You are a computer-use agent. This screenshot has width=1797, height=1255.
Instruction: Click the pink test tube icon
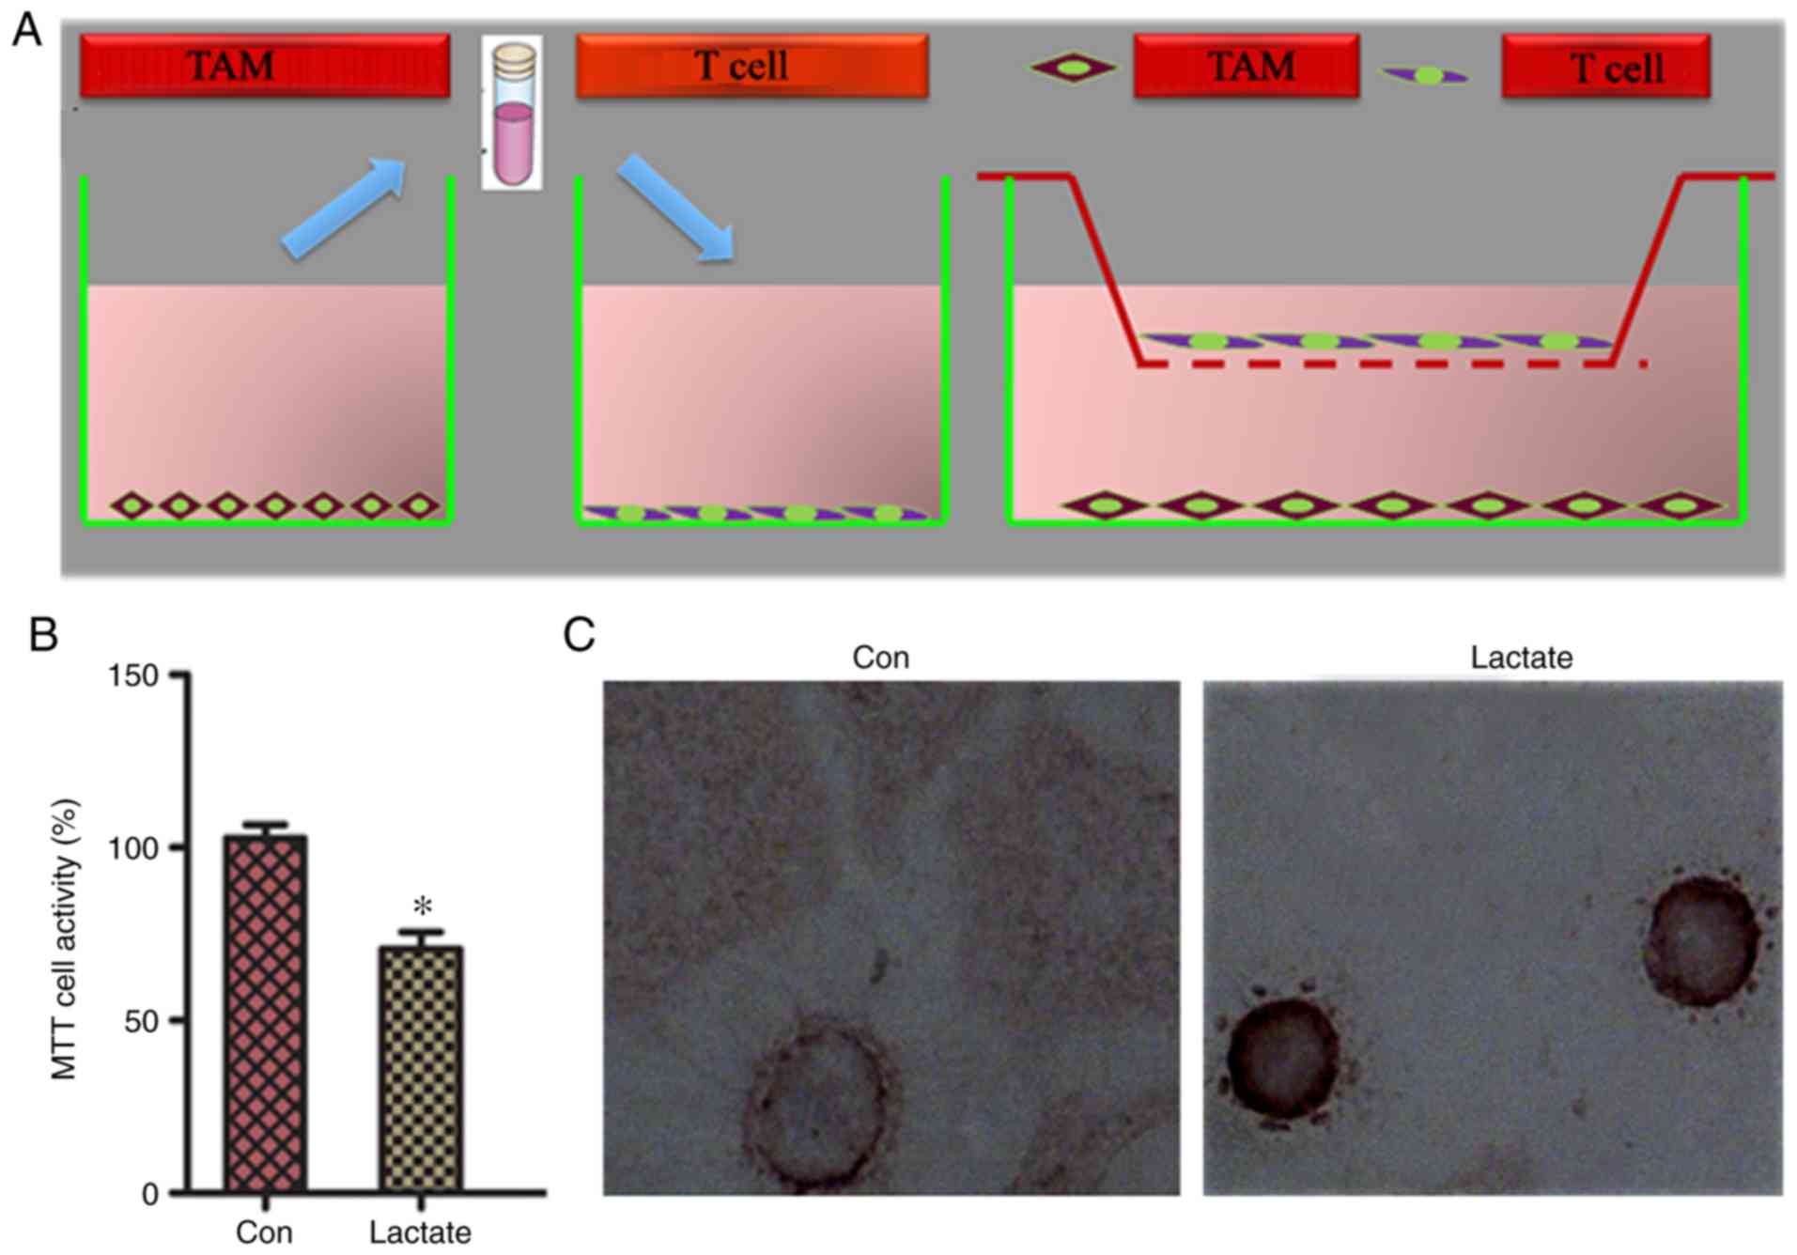pos(512,114)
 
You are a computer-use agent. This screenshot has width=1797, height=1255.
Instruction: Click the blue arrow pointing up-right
pos(344,208)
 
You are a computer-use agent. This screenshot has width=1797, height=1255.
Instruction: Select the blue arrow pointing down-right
pos(674,208)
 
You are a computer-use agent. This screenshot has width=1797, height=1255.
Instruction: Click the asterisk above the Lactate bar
pos(423,907)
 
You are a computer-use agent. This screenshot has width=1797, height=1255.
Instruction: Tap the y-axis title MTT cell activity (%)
pos(64,939)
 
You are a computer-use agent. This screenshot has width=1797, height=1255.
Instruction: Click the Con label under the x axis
pos(264,1232)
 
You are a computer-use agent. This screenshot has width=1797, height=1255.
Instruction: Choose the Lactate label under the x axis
pos(420,1232)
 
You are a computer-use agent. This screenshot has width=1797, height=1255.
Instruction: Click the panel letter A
pos(27,30)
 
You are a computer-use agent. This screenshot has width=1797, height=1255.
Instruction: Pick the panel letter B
pos(43,635)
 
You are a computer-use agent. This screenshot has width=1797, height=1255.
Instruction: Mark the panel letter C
pos(579,635)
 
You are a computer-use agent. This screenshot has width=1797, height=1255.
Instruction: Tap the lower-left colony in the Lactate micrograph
pos(1282,1059)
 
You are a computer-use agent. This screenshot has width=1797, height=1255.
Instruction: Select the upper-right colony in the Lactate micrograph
pos(1702,940)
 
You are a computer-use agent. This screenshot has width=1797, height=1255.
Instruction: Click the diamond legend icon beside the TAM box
pos(1073,68)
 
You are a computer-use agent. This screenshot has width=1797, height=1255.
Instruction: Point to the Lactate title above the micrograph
pos(1521,658)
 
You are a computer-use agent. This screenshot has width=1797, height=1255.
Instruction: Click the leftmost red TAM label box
pos(265,66)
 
